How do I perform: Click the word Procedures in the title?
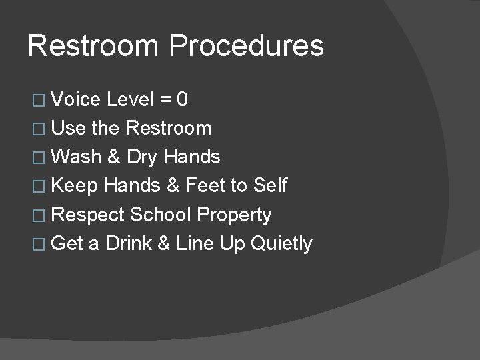pos(246,47)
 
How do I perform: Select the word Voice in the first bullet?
pos(75,100)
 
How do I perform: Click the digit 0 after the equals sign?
pos(182,100)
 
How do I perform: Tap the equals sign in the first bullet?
pos(165,101)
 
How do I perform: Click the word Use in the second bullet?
pos(66,128)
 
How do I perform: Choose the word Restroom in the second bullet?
pos(168,128)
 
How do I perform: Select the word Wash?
pos(75,157)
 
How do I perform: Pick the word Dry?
pos(141,157)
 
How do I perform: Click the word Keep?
pos(74,185)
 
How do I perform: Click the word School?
pos(161,215)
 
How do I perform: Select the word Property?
pos(235,215)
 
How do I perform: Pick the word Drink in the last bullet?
pos(128,243)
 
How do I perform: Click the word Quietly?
pos(281,244)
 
